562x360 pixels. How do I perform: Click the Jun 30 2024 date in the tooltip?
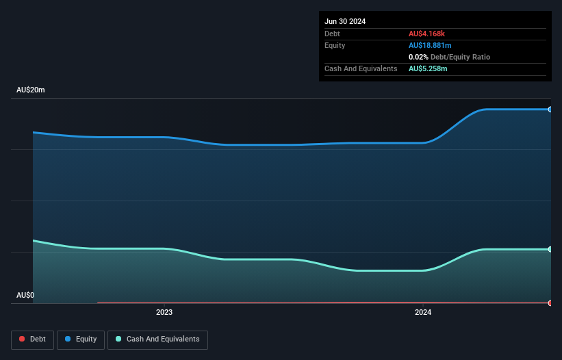click(345, 21)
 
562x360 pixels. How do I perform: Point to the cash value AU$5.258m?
click(429, 68)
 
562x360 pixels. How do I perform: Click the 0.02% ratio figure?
click(418, 57)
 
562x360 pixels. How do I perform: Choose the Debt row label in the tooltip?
click(332, 34)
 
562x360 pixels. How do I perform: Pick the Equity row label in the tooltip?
click(335, 45)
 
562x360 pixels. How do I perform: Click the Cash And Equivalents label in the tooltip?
click(361, 68)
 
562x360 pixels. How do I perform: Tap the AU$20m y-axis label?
click(30, 90)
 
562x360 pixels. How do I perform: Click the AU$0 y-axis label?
click(25, 295)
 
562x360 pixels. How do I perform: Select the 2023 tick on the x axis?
click(164, 313)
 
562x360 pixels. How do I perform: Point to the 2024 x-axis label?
click(423, 313)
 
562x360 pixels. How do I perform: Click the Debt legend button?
click(32, 339)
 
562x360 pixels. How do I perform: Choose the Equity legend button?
click(81, 339)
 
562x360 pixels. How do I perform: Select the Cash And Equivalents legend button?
click(157, 339)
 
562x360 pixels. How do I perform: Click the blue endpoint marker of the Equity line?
click(550, 110)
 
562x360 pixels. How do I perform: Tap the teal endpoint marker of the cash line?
click(550, 249)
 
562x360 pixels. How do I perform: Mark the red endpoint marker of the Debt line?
click(550, 303)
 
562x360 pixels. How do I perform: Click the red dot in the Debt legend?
click(22, 339)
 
